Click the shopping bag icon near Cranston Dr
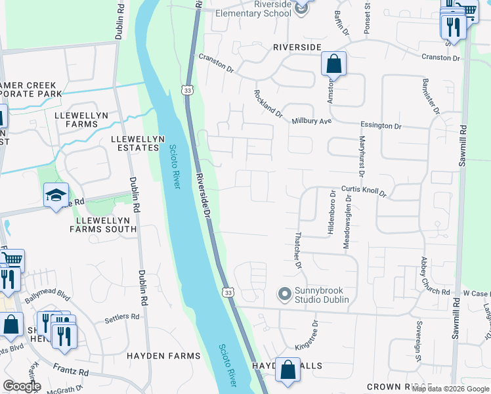[333, 64]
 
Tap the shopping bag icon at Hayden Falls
[288, 370]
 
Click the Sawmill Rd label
[462, 145]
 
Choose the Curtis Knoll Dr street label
[364, 191]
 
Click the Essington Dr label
[380, 125]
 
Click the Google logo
[22, 386]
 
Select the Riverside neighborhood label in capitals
[297, 47]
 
